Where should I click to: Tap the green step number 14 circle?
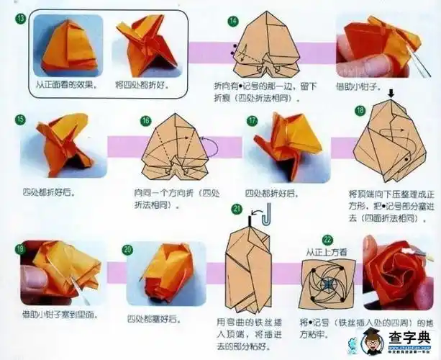tap(232, 21)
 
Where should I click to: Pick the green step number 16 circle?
tap(145, 120)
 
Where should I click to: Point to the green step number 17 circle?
tap(252, 120)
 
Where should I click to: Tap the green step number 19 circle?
tap(19, 248)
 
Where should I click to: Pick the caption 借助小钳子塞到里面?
tap(59, 315)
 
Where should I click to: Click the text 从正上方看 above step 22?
tap(326, 252)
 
